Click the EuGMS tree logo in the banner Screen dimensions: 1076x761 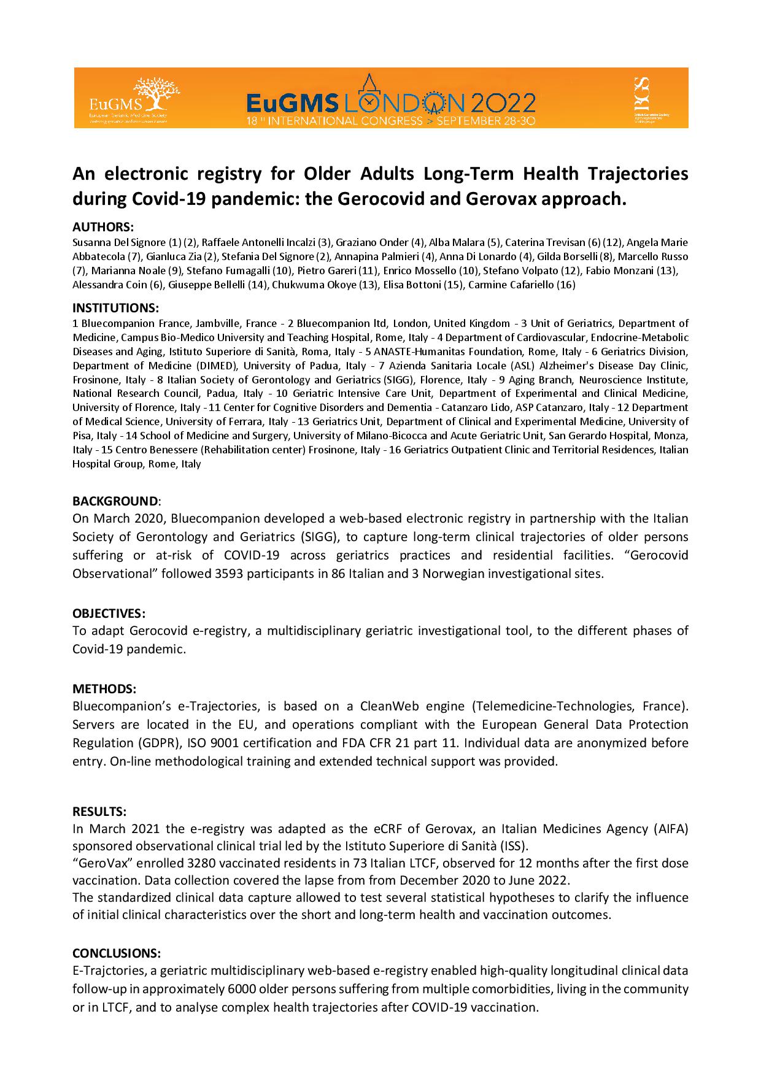click(149, 93)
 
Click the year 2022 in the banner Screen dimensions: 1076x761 click(500, 102)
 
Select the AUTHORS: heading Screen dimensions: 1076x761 click(103, 227)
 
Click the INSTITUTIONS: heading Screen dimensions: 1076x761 click(115, 307)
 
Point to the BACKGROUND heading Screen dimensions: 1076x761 click(115, 501)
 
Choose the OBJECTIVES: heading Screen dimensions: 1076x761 click(109, 613)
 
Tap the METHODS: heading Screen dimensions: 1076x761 click(104, 688)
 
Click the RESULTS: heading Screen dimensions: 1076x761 click(99, 811)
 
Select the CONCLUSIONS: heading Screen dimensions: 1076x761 click(117, 953)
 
